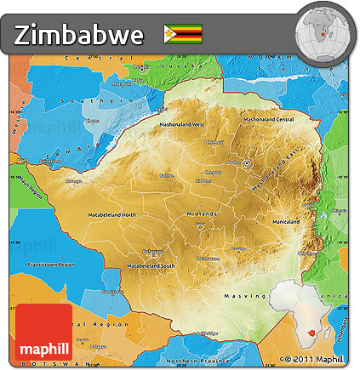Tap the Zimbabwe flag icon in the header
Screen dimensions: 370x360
coord(183,33)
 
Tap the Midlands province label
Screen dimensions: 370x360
coord(203,213)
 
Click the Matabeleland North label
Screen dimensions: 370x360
coord(111,214)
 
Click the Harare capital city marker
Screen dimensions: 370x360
coord(247,162)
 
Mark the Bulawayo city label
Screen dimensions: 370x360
coord(153,251)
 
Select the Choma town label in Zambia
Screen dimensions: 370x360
coord(92,120)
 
